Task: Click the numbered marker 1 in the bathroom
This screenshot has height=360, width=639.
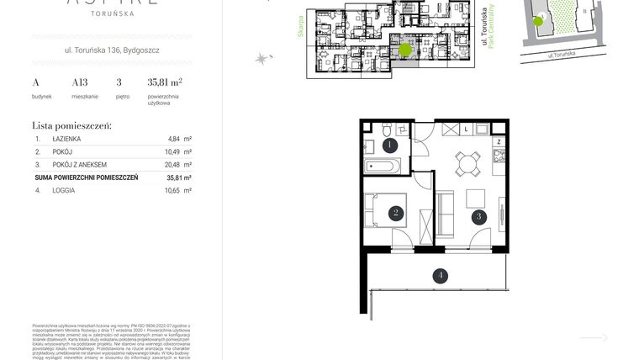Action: click(x=389, y=145)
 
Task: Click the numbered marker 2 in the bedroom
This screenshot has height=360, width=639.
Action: click(x=395, y=214)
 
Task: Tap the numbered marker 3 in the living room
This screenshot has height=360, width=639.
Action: click(x=478, y=215)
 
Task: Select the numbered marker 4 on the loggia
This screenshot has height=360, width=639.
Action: click(x=438, y=274)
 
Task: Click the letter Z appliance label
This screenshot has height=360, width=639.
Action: click(x=498, y=142)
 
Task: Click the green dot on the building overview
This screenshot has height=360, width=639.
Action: click(x=405, y=50)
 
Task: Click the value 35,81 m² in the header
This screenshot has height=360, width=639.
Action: click(x=165, y=82)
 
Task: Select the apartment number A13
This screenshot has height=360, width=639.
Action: click(x=81, y=82)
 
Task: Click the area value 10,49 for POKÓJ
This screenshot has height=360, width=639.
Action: click(x=174, y=151)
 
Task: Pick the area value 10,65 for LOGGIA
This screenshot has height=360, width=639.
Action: click(x=174, y=191)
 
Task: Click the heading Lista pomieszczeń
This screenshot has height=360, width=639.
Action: click(x=71, y=125)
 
